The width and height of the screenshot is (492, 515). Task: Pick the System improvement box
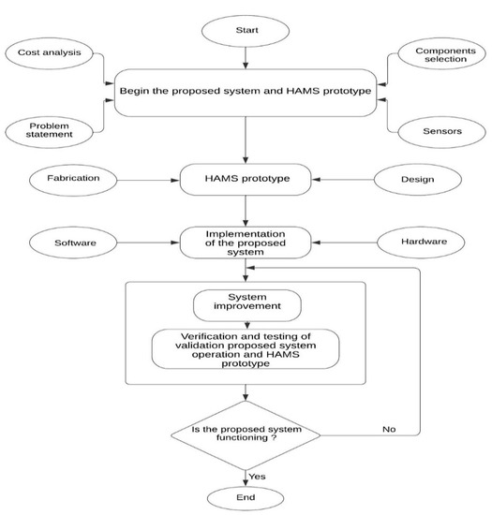pyautogui.click(x=246, y=305)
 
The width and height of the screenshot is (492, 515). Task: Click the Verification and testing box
pyautogui.click(x=246, y=349)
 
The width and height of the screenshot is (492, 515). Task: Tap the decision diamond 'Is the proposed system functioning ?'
pyautogui.click(x=246, y=433)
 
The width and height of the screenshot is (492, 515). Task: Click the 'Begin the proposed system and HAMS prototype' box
pyautogui.click(x=246, y=93)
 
